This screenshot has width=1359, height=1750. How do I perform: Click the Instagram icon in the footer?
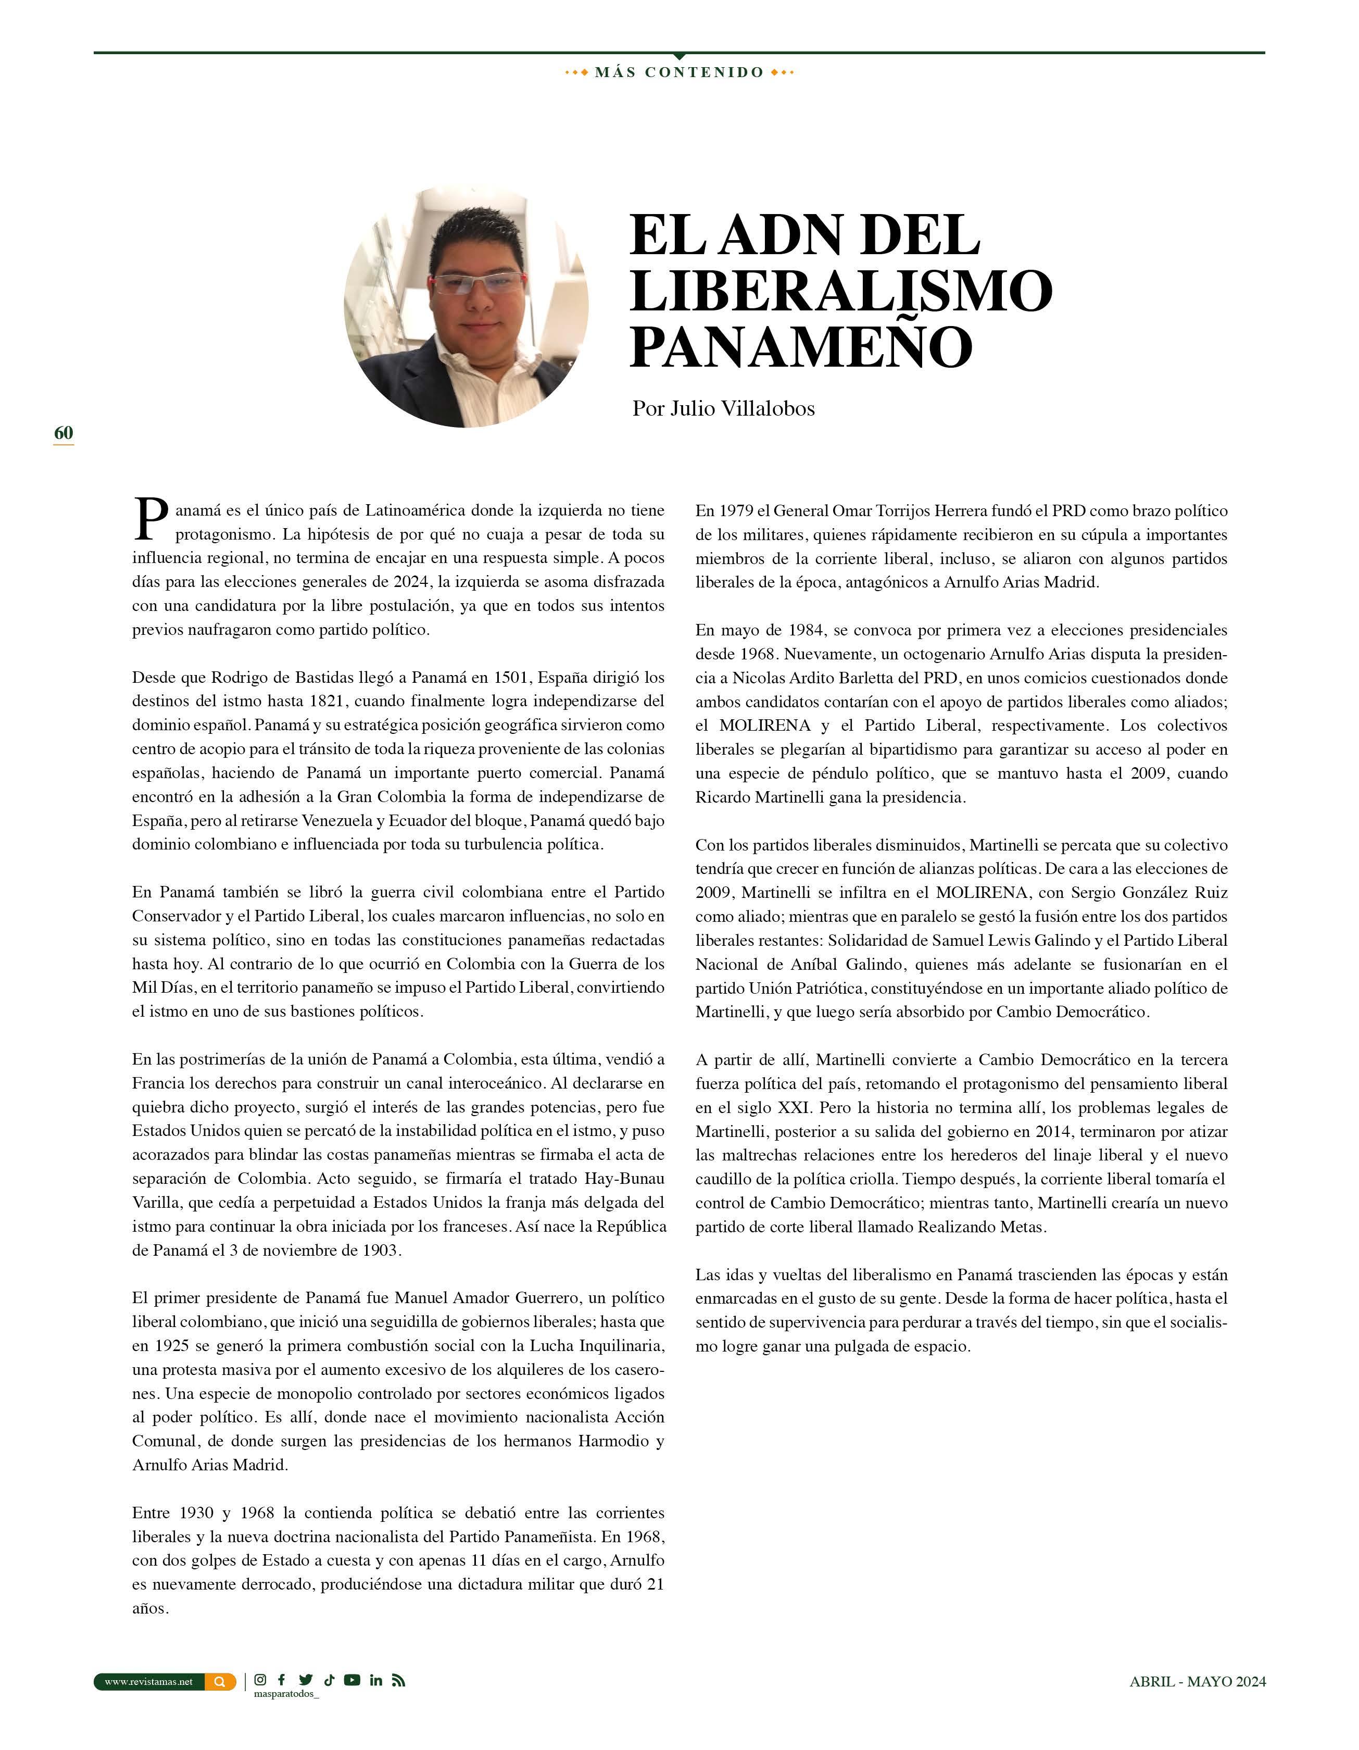coord(260,1680)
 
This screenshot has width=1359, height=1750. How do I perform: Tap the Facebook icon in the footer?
coord(281,1680)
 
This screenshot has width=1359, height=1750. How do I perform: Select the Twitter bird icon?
coord(305,1680)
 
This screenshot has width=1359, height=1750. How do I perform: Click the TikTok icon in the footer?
coord(329,1680)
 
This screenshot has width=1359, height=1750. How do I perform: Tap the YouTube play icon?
coord(352,1680)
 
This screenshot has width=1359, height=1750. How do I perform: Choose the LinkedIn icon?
coord(376,1680)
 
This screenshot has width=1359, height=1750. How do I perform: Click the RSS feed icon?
coord(398,1680)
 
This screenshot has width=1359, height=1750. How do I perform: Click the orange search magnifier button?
coord(220,1682)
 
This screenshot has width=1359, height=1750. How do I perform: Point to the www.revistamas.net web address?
coord(149,1682)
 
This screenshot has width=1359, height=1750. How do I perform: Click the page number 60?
coord(64,433)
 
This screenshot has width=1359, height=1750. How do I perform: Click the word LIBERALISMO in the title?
coord(840,290)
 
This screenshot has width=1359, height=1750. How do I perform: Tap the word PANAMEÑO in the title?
coord(801,346)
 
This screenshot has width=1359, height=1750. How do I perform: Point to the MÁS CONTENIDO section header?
coord(679,72)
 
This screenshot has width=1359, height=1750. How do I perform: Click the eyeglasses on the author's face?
coord(477,283)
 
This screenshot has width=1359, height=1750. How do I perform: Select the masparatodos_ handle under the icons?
coord(286,1694)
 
